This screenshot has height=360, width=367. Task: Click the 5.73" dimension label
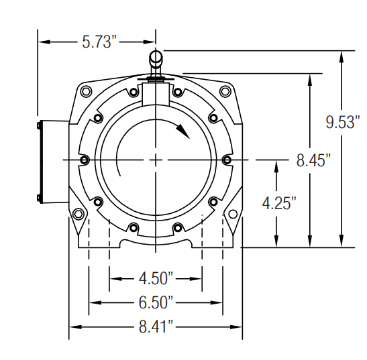(x=99, y=42)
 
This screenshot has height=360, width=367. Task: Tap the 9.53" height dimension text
(x=343, y=122)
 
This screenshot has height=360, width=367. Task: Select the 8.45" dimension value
(x=313, y=160)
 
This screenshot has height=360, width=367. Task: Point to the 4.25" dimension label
(x=279, y=203)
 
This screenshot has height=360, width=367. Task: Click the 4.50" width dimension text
(x=156, y=278)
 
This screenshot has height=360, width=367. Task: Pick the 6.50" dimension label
(x=156, y=302)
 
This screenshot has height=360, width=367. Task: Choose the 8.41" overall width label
(x=156, y=326)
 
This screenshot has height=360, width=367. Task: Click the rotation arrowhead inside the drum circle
(x=183, y=131)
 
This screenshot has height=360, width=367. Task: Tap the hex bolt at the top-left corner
(x=86, y=91)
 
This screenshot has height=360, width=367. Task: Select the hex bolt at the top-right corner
(x=225, y=91)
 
